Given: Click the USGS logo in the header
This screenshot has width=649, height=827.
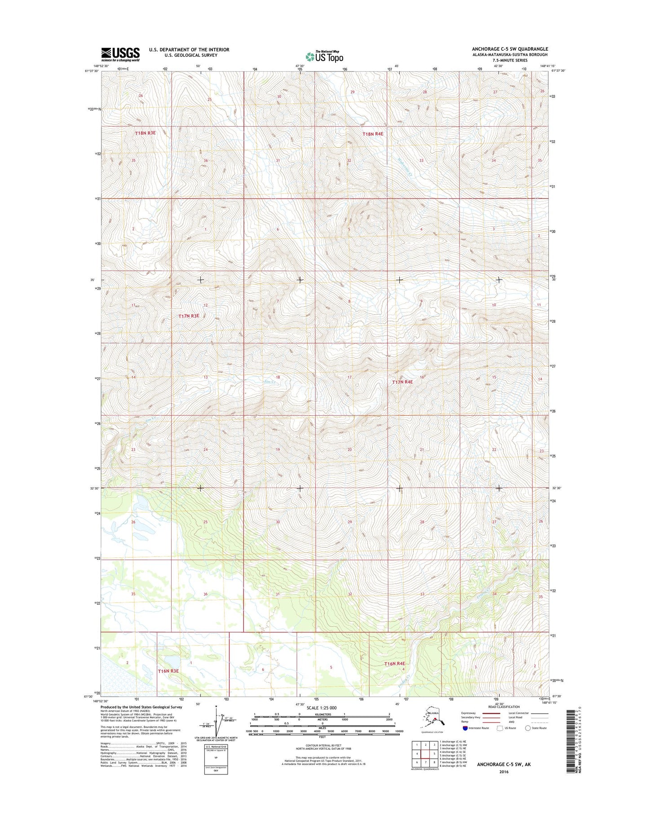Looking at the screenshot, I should (x=120, y=54).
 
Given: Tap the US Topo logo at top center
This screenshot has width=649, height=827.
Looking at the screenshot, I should (x=324, y=56).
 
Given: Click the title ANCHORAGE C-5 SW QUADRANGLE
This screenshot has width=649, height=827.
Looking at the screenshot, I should (x=509, y=49).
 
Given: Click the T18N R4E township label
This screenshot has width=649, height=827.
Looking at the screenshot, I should (x=373, y=134).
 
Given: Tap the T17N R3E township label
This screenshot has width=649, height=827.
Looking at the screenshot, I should (x=189, y=316).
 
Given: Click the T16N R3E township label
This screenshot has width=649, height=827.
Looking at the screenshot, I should (x=168, y=671).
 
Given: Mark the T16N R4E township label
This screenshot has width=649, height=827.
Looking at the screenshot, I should (x=394, y=664).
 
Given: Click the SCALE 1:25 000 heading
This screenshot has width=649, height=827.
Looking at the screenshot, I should (x=322, y=708).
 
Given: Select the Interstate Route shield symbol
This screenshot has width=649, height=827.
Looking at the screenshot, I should (x=465, y=728).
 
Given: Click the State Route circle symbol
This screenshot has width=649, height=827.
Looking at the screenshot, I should (x=528, y=728).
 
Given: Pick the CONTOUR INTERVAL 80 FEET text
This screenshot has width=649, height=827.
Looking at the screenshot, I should (x=322, y=745).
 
